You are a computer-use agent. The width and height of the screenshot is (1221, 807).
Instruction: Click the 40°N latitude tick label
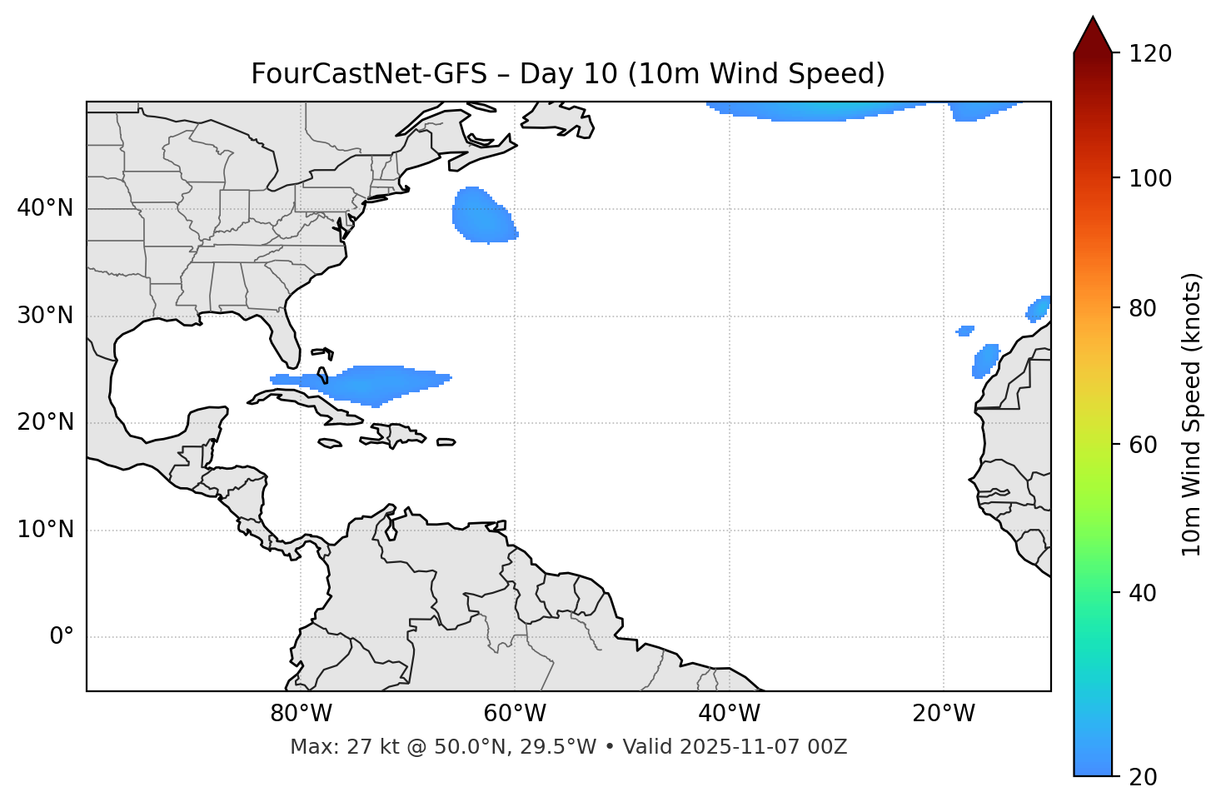tap(45, 208)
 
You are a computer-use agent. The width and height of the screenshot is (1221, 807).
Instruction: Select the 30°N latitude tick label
tap(45, 316)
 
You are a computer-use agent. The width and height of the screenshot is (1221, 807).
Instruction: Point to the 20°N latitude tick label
tap(45, 422)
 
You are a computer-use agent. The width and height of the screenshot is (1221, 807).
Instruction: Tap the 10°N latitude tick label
tap(45, 530)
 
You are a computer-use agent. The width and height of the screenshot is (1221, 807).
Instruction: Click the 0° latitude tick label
tap(61, 637)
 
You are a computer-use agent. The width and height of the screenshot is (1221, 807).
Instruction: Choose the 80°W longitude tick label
tap(301, 714)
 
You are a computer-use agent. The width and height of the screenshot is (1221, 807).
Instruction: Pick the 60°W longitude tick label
tap(515, 714)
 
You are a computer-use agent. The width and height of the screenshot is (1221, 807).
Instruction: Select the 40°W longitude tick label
tap(729, 714)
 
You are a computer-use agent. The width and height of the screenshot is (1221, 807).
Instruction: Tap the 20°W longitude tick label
tap(943, 714)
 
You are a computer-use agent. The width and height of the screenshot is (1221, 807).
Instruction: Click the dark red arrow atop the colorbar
tap(1093, 36)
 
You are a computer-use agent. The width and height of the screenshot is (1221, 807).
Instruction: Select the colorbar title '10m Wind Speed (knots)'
tap(1192, 415)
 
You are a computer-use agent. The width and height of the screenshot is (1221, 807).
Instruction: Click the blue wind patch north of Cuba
tap(375, 384)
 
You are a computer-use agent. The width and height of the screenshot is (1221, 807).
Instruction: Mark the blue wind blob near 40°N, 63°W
tap(482, 216)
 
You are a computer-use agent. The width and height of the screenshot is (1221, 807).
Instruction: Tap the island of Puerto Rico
tap(446, 442)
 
